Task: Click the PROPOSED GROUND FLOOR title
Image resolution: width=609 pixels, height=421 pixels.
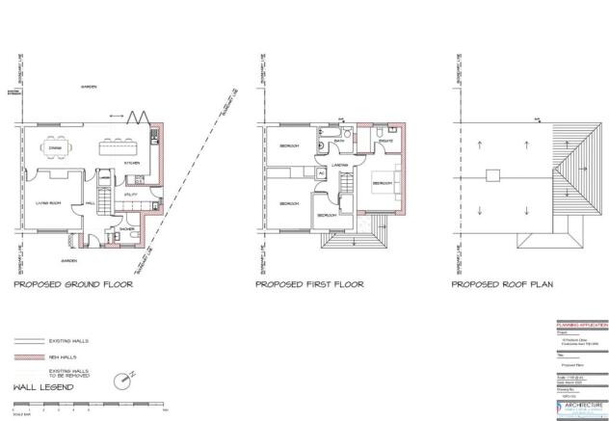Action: (72, 285)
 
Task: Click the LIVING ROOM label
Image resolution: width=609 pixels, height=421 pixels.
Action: (49, 203)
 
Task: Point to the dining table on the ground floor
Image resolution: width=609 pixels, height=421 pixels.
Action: (56, 148)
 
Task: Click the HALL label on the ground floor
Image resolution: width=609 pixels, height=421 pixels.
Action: (89, 203)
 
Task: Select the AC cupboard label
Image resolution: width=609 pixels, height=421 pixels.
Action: (321, 174)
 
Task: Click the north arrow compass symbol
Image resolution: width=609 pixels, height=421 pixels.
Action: (120, 380)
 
